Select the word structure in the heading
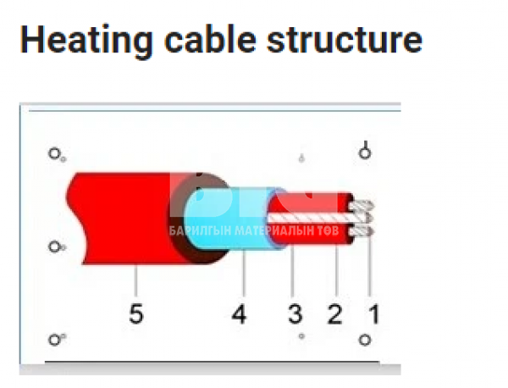(352, 40)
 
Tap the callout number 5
(135, 314)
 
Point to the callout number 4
(240, 314)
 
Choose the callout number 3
(295, 314)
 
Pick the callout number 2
(334, 314)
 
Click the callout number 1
(372, 314)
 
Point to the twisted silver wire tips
(362, 218)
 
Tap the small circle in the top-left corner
(54, 154)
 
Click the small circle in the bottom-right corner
(364, 340)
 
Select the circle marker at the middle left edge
(54, 247)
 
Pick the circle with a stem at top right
(365, 152)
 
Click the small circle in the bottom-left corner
(54, 340)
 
